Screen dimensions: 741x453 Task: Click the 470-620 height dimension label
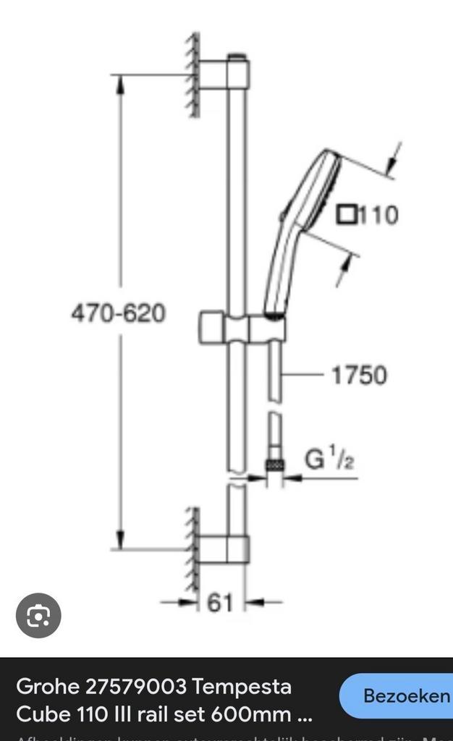pyautogui.click(x=118, y=313)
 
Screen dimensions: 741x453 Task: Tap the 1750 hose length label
pyautogui.click(x=359, y=375)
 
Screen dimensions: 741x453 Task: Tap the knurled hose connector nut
pyautogui.click(x=274, y=463)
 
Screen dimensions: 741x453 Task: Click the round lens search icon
pyautogui.click(x=38, y=616)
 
